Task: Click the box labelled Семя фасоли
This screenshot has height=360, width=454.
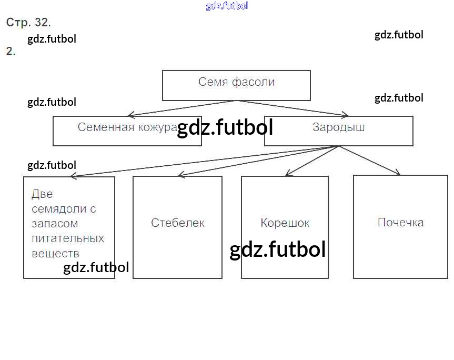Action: tap(236, 85)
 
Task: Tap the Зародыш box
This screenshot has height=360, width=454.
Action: tap(339, 131)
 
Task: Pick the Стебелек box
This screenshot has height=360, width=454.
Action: tap(177, 227)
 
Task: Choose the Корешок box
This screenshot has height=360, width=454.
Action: tap(285, 227)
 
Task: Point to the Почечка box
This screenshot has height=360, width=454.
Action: tap(400, 227)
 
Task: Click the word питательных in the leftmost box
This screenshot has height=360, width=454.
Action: tap(68, 238)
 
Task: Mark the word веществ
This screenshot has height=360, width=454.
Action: tap(55, 253)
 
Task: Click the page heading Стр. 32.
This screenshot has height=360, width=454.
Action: tap(28, 23)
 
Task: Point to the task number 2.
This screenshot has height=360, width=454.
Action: tap(11, 52)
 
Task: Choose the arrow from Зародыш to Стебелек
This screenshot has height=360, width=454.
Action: tap(258, 162)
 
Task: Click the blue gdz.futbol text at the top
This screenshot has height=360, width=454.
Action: tap(227, 6)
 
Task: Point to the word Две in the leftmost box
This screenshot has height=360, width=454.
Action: tap(42, 194)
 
